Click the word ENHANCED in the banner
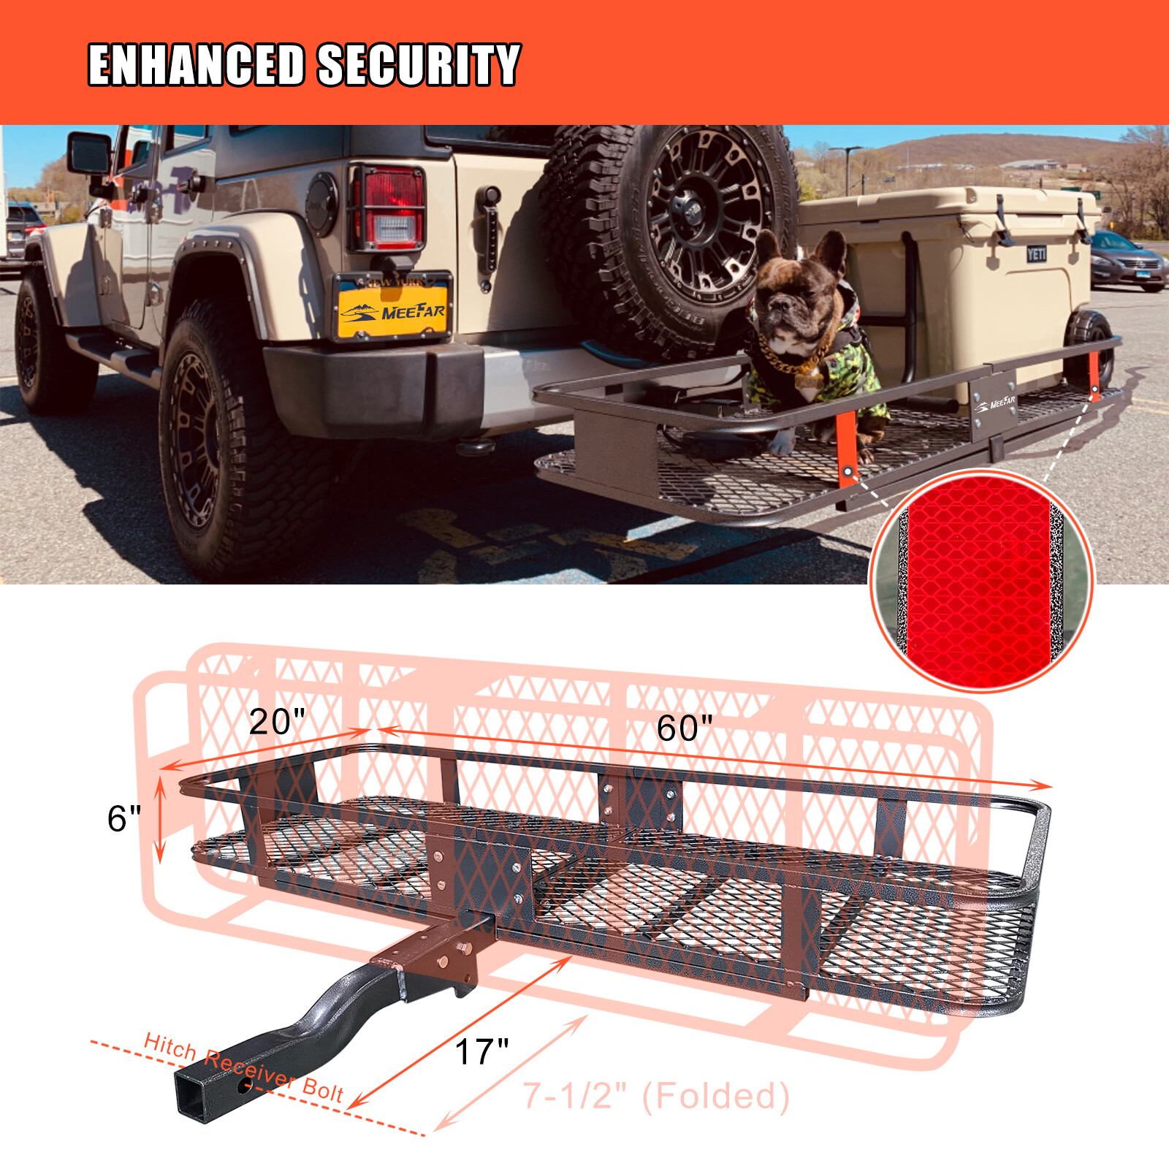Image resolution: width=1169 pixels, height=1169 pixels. (x=196, y=65)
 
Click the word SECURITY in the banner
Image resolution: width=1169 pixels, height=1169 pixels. (x=419, y=65)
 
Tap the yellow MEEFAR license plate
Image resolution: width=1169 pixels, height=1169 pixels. (x=393, y=308)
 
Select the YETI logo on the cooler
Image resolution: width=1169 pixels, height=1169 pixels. (x=1036, y=254)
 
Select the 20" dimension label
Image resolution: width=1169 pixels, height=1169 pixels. (x=276, y=722)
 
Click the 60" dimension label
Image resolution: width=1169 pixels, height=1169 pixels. (x=684, y=728)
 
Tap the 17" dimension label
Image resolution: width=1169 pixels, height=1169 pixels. (x=481, y=1052)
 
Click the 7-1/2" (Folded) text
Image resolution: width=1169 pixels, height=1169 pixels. (x=656, y=1096)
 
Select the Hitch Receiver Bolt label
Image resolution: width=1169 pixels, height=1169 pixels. (x=243, y=1067)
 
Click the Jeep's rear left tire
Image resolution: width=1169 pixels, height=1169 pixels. (x=219, y=446)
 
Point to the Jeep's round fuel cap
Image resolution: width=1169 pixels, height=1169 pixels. (x=321, y=205)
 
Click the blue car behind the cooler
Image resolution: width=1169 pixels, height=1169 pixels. (x=1125, y=260)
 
